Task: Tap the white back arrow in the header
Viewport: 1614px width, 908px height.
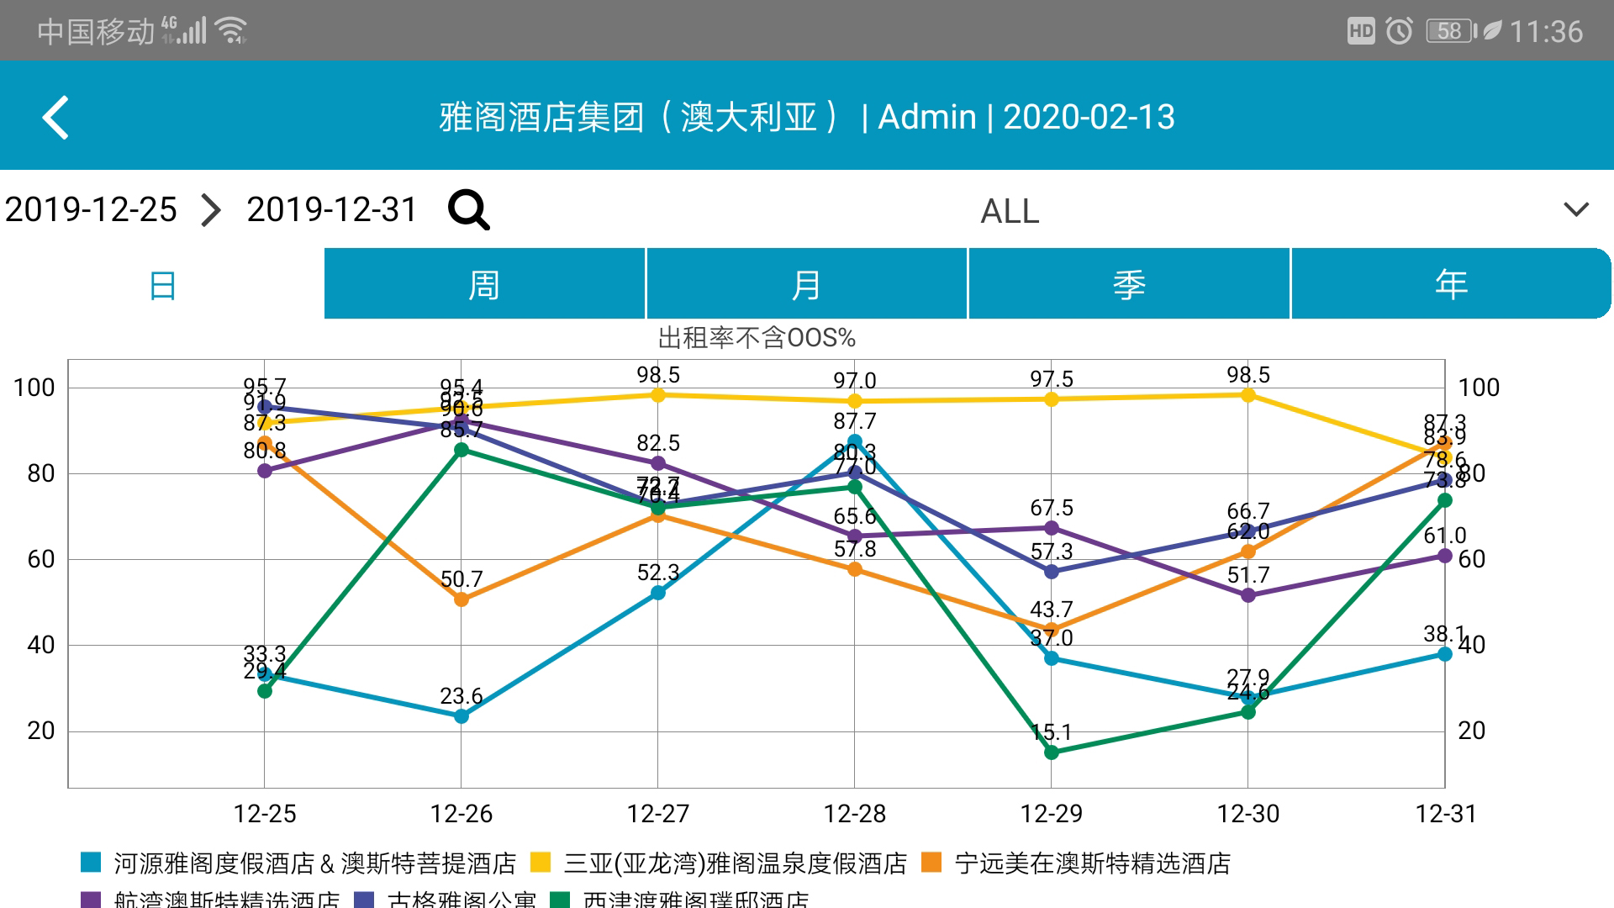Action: (x=55, y=118)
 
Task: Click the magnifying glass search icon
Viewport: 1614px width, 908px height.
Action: (x=468, y=209)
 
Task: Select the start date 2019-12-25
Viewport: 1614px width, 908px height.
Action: (x=91, y=209)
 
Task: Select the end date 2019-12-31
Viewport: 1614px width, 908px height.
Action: (x=331, y=209)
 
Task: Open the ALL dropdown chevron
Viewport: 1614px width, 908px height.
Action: (x=1576, y=209)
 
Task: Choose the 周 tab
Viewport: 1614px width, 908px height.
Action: (x=484, y=284)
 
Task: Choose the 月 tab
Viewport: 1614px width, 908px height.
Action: (x=806, y=284)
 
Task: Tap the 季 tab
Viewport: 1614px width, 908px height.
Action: (x=1129, y=284)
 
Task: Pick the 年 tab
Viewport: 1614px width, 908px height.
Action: (x=1451, y=284)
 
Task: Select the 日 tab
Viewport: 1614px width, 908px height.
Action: (x=162, y=284)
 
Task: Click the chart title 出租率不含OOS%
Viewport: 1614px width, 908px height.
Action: (x=756, y=338)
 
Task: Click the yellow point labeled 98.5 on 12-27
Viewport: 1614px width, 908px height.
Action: (x=658, y=395)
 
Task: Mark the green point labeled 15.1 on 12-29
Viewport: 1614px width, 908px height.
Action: (x=1052, y=752)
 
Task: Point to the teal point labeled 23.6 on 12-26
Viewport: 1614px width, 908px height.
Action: (x=462, y=716)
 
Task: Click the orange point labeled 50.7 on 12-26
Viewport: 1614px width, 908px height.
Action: (x=462, y=599)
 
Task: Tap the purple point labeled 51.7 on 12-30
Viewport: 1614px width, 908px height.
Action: (x=1248, y=595)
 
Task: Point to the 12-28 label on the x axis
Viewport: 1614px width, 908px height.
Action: (x=855, y=814)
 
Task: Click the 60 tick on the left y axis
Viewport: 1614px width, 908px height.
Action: (x=40, y=559)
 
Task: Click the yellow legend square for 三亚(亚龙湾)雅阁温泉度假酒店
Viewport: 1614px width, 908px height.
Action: (x=541, y=863)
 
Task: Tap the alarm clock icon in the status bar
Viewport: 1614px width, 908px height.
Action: (x=1400, y=31)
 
